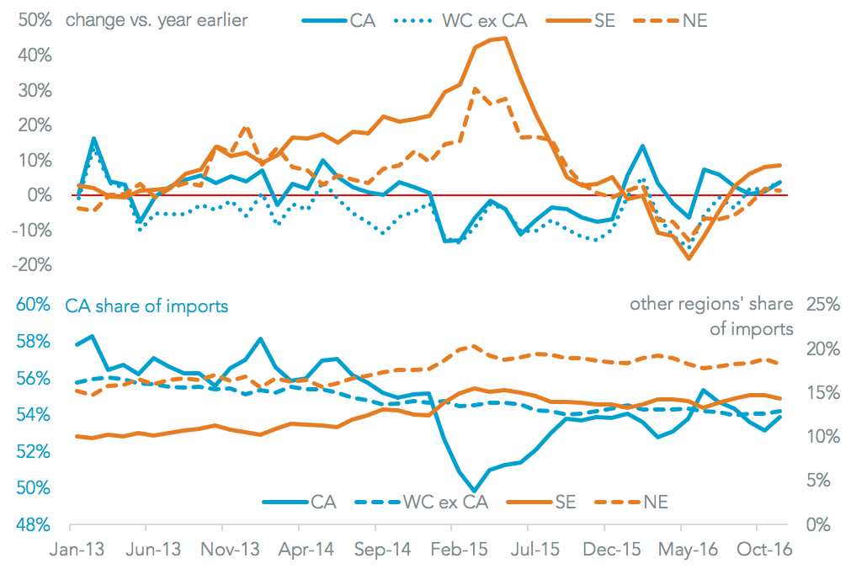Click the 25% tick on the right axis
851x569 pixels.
click(x=822, y=305)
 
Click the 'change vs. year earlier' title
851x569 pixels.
click(x=157, y=20)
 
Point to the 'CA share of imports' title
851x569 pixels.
click(x=147, y=306)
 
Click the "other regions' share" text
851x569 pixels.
click(x=711, y=304)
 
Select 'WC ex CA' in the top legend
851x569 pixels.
click(x=484, y=20)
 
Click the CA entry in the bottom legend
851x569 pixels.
click(x=323, y=502)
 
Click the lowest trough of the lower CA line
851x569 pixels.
click(x=475, y=491)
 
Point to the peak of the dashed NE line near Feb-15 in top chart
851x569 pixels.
click(x=476, y=88)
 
